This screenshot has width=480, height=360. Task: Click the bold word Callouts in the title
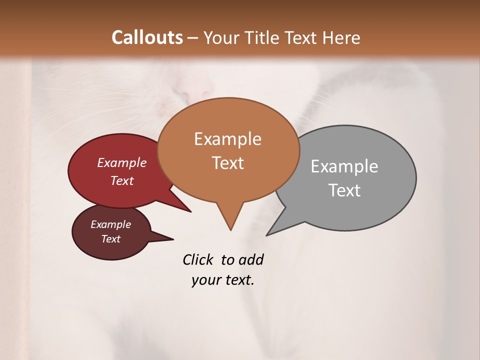point(147,37)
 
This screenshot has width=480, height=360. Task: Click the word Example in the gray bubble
point(344,166)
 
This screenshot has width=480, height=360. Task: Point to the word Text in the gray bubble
point(344,190)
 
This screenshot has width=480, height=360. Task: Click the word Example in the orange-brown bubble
point(227,139)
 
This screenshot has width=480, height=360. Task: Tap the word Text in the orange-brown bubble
point(227,163)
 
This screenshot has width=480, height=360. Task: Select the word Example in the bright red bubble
point(121,163)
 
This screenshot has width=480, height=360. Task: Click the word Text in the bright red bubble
point(121,180)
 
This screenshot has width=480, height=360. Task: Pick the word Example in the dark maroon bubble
point(110,224)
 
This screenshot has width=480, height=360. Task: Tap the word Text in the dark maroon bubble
point(110,239)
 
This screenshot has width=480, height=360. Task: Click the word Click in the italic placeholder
point(198,260)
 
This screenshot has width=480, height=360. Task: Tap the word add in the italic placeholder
point(250,260)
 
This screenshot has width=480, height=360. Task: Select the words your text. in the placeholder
point(222,280)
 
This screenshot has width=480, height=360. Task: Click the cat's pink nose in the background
point(192,89)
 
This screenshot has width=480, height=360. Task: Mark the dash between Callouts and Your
point(193,38)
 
